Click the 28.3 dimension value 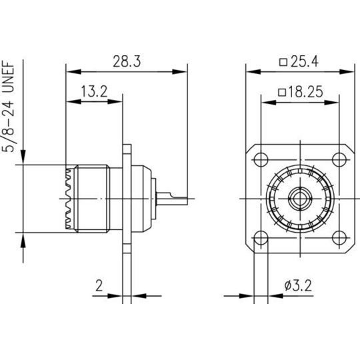127,62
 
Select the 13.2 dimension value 94,91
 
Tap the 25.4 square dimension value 305,62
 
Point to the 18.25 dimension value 305,92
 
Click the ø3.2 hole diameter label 298,286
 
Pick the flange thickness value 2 99,285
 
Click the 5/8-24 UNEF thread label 9,106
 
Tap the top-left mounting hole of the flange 261,159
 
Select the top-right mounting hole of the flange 339,159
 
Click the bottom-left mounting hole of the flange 261,237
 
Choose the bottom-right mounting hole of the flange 339,237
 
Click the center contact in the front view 300,199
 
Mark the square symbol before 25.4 283,63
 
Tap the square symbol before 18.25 282,93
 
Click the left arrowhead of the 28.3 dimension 73,71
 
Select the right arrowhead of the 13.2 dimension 115,101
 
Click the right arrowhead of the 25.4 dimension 347,71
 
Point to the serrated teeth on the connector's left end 68,199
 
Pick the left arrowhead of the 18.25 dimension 269,103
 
